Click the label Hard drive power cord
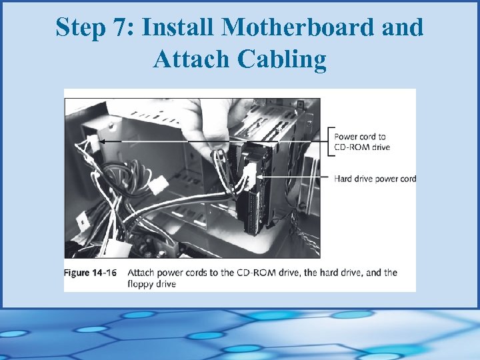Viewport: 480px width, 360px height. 375,179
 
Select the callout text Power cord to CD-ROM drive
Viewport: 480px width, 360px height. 363,142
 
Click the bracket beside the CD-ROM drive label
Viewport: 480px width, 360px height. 331,142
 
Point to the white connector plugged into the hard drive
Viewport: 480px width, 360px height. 248,177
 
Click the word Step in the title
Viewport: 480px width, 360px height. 79,28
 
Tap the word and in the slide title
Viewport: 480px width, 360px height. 404,28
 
